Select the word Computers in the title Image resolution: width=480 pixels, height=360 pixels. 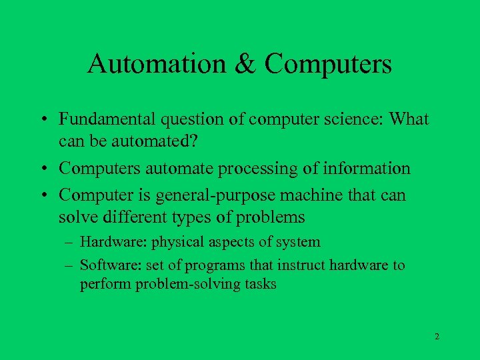tap(328, 64)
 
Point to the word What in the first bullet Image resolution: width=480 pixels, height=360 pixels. tap(408, 119)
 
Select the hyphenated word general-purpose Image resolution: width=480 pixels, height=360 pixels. tap(216, 196)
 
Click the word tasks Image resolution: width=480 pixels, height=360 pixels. tap(261, 284)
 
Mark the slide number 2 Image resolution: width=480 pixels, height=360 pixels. tap(437, 337)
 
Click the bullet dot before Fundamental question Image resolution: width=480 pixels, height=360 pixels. tap(43, 121)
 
